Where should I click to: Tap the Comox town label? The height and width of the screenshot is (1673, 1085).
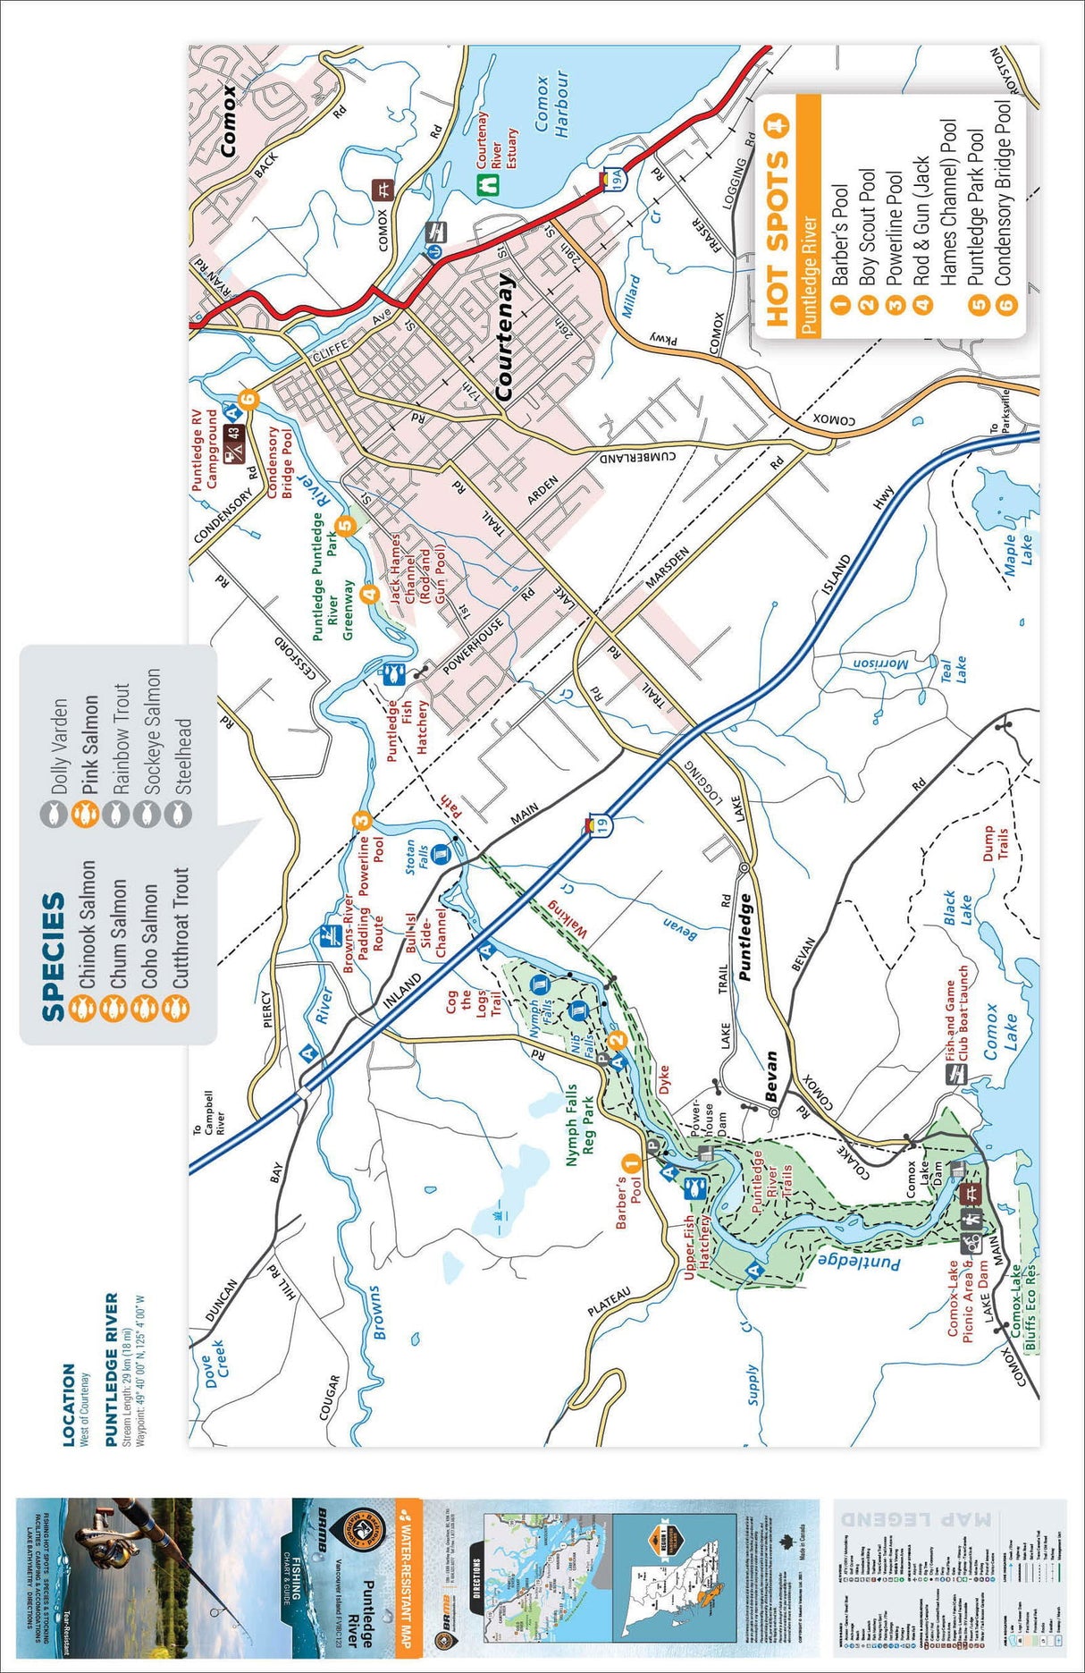coord(229,122)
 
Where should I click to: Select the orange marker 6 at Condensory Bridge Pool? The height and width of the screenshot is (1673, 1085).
coord(249,400)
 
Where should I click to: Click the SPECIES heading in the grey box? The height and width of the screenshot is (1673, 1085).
coord(54,956)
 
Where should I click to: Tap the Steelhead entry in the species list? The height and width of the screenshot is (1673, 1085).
coord(183,756)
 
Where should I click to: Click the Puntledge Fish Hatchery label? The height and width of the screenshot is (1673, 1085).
coord(407,730)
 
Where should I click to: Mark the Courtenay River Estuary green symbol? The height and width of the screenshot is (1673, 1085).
coord(488,182)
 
